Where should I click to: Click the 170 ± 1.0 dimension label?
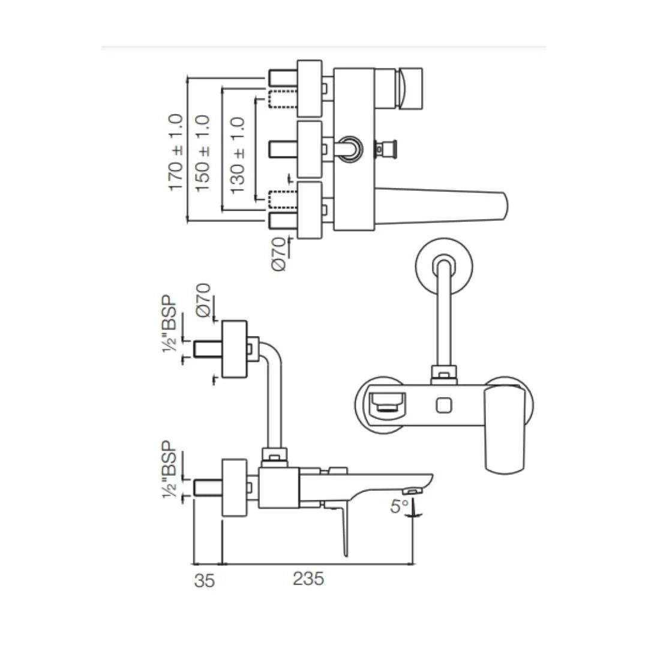point(176,152)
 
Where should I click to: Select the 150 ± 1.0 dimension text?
point(203,152)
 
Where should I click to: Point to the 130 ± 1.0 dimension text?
point(238,154)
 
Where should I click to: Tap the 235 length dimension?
point(308,579)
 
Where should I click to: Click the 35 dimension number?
point(205,580)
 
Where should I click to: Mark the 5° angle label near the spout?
point(400,506)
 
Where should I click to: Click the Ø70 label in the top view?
point(280,254)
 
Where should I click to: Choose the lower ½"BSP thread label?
point(171,470)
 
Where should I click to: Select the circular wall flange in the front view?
point(445,268)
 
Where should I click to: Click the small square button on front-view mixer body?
point(445,406)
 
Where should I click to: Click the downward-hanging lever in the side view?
point(344,528)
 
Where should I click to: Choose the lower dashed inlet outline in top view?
point(282,199)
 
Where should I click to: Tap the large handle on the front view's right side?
point(505,429)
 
